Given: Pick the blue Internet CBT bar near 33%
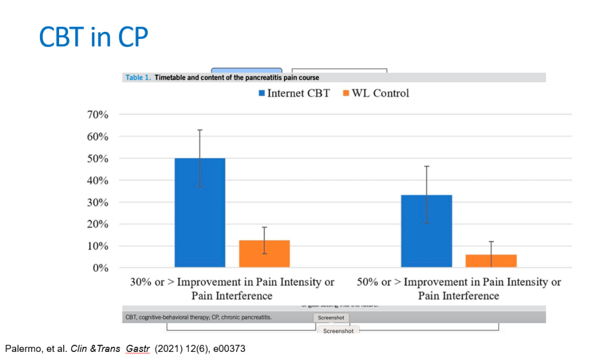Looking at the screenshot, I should (426, 231).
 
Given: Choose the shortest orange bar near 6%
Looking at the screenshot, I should (491, 261).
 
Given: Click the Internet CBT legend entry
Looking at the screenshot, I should (293, 93).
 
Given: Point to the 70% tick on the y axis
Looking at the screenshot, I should (97, 115).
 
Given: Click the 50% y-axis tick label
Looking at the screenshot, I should (97, 159).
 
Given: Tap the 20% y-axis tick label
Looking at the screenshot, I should (97, 225).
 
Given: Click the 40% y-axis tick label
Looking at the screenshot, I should (97, 181).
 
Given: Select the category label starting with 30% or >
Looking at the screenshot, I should (232, 289).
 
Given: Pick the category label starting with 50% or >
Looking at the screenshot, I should (458, 289).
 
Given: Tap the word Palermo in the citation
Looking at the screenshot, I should (19, 349).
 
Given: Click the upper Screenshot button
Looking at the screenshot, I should (331, 318).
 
